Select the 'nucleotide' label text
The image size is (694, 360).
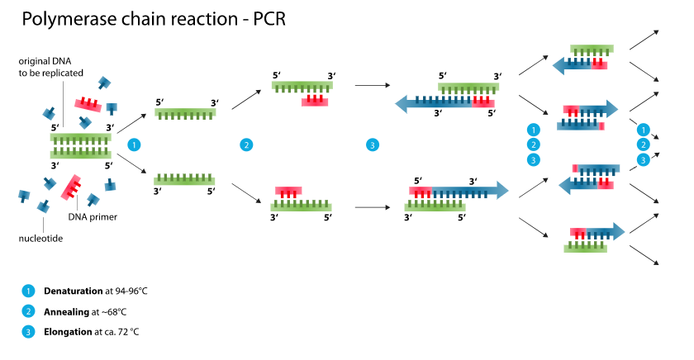(x=42, y=239)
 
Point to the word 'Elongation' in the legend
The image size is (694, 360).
(x=69, y=333)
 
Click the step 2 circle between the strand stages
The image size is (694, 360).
(x=246, y=145)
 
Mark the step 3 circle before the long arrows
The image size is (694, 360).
(x=373, y=145)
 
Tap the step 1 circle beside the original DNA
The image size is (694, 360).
(x=134, y=145)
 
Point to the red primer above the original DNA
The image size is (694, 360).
(x=88, y=102)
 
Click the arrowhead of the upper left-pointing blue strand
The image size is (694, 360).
(x=404, y=103)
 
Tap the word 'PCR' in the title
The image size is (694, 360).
(x=263, y=18)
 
